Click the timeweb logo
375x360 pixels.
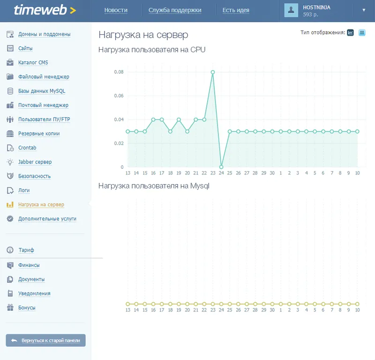point(45,10)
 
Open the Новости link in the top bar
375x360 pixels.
point(116,10)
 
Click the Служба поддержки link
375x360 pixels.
point(175,10)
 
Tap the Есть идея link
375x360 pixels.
point(236,10)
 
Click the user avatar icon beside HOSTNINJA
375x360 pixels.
point(291,10)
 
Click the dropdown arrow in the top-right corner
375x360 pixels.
point(364,10)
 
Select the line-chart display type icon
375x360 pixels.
point(350,32)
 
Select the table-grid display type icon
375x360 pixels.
point(362,32)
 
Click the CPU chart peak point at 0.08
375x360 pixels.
point(213,72)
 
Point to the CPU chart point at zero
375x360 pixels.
point(221,167)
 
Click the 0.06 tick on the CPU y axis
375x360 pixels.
point(119,96)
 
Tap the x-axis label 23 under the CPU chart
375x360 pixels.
point(213,173)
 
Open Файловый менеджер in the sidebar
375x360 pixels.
point(44,77)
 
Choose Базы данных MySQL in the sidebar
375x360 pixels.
point(42,91)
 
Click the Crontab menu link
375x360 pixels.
point(27,148)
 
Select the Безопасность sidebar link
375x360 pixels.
point(34,176)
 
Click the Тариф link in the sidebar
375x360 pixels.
point(26,250)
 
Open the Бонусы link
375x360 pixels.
point(27,307)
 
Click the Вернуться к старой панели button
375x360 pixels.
point(45,340)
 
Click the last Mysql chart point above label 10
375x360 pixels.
point(357,304)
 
